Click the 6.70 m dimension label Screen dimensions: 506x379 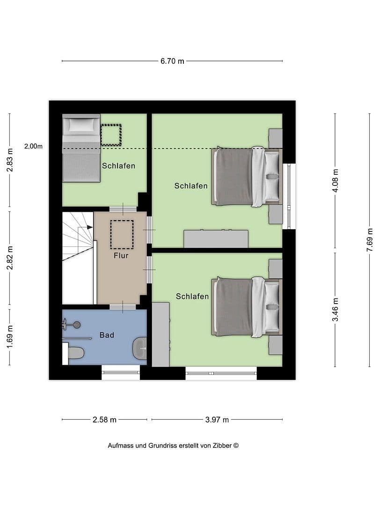172,61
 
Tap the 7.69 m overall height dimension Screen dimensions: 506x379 370,240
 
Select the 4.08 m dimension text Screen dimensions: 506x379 335,180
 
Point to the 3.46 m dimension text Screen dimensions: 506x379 335,310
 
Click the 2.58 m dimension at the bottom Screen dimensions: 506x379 104,420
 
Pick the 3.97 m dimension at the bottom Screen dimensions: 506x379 217,420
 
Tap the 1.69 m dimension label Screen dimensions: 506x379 9,335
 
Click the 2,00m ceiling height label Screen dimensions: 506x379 33,146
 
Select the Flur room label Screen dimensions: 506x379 121,256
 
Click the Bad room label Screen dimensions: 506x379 107,335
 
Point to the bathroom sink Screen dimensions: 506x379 139,349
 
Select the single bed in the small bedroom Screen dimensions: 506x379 81,148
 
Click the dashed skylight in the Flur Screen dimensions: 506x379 122,235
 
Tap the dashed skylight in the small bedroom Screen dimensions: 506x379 111,135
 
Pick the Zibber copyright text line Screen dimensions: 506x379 173,446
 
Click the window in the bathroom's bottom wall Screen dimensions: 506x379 121,373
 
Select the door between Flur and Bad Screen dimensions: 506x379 123,307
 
